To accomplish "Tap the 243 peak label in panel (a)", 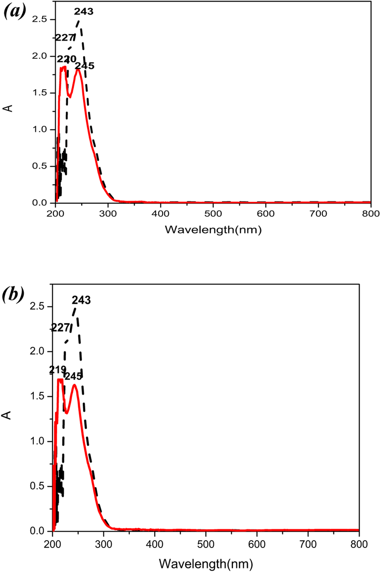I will click(84, 12).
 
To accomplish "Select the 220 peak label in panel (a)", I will click(66, 59).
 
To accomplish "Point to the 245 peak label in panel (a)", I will click(85, 66).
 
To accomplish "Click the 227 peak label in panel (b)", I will click(61, 328).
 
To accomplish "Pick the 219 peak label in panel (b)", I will click(57, 370).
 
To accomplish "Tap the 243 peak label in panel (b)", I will click(81, 300).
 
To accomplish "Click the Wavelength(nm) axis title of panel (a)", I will click(213, 230).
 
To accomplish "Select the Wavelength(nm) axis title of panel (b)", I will click(206, 564).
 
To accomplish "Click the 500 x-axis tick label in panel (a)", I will click(213, 213).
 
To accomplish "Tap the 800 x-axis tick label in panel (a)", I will click(370, 213).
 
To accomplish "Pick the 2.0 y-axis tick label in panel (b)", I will click(37, 352).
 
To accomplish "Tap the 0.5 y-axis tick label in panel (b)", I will click(37, 486).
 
